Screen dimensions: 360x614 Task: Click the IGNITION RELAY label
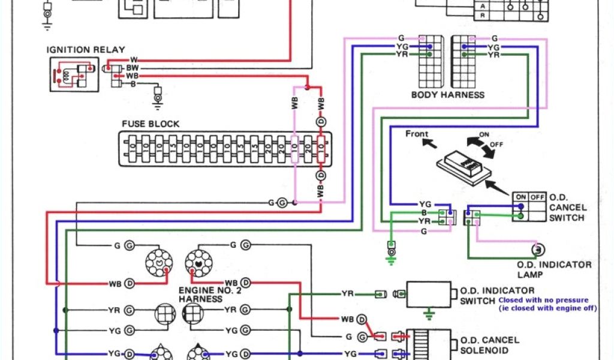[x=76, y=50]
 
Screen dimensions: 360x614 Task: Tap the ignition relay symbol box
[x=74, y=74]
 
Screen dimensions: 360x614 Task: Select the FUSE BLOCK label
[x=151, y=124]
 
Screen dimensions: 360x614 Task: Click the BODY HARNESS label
[x=447, y=95]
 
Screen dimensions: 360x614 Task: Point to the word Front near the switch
[x=417, y=133]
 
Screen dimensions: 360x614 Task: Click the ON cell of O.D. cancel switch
[x=520, y=196]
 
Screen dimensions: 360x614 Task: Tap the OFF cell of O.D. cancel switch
[x=537, y=196]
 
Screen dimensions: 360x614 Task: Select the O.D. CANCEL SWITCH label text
[x=567, y=207]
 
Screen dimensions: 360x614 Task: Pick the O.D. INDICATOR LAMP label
[x=553, y=269]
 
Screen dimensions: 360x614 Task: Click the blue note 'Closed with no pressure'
[x=543, y=299]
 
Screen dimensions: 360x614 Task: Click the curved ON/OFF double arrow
[x=480, y=144]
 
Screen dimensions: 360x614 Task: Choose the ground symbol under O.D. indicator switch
[x=428, y=313]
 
